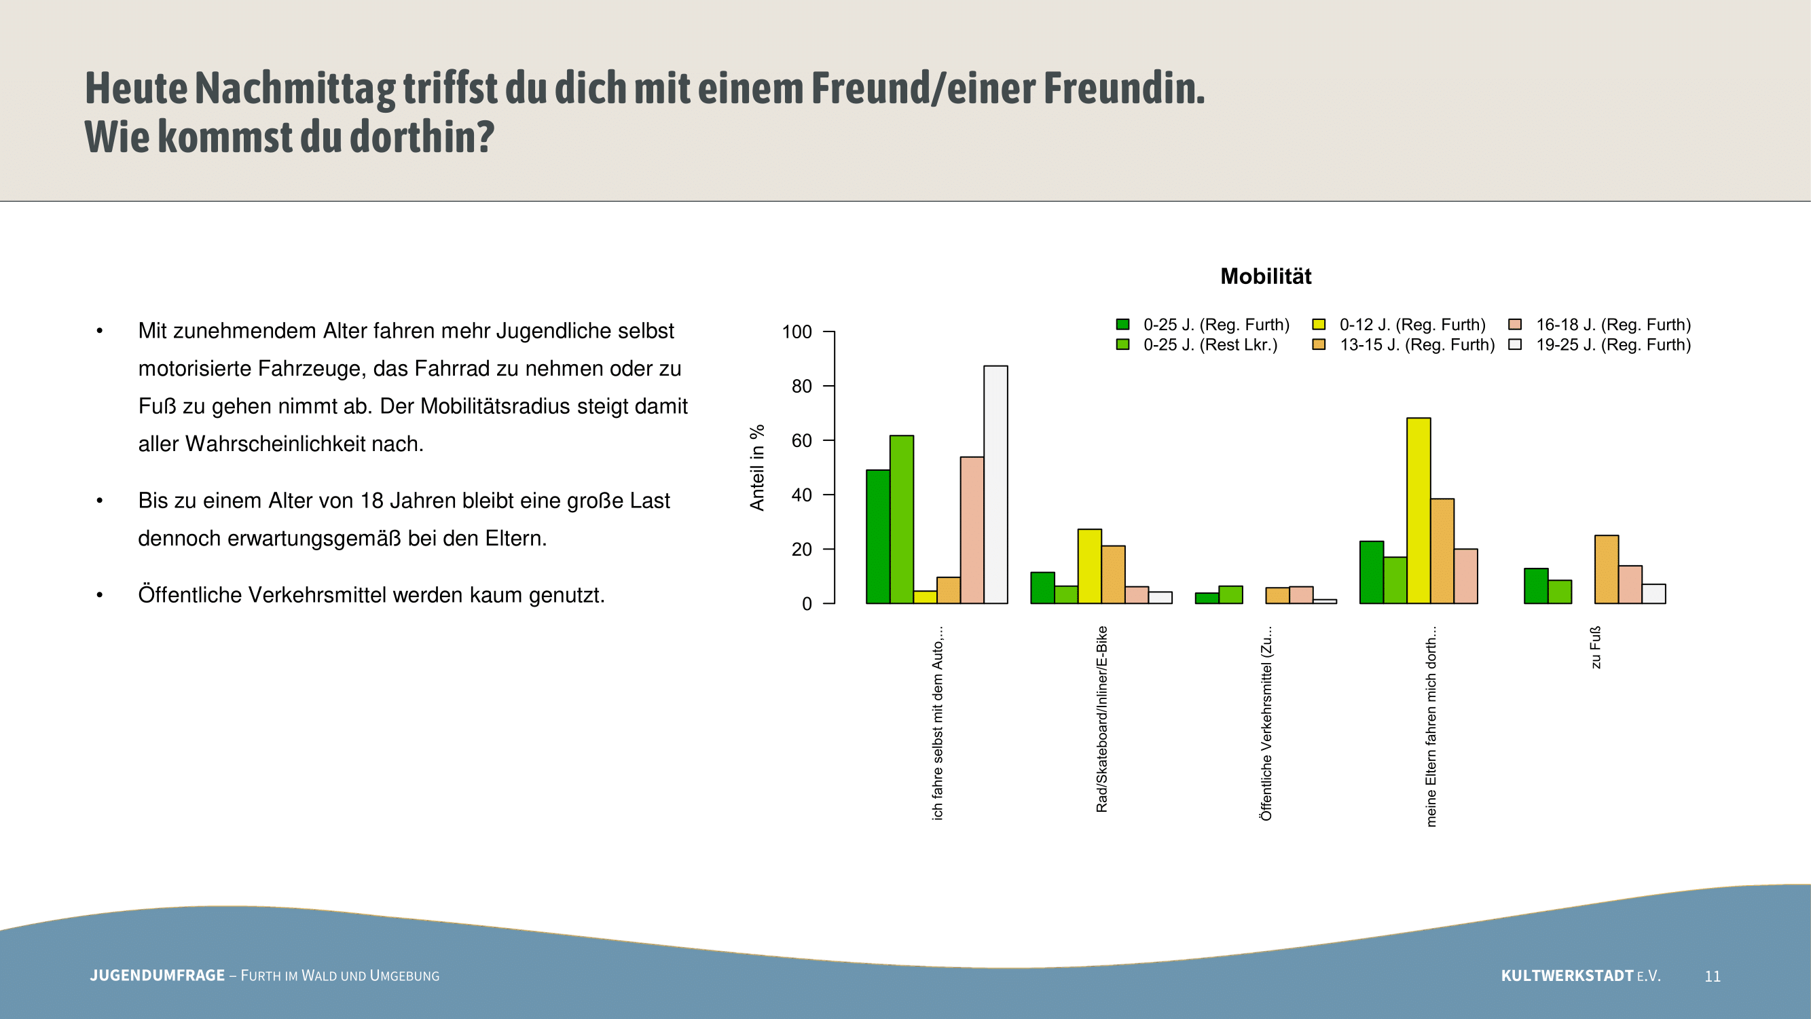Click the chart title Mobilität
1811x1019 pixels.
[1266, 276]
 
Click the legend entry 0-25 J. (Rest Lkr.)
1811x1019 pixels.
[1209, 345]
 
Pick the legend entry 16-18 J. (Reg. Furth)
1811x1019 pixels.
[1613, 325]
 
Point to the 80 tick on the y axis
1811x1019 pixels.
[801, 386]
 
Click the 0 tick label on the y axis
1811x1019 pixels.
[807, 604]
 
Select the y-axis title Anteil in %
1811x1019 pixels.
[757, 467]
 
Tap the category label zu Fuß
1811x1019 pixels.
[1596, 647]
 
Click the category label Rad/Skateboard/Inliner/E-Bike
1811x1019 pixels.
[1101, 719]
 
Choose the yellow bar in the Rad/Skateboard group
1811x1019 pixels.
[1090, 566]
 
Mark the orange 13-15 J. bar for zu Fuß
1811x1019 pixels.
[1607, 570]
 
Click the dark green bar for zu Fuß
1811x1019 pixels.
[1535, 586]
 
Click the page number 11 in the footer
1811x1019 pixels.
[1713, 976]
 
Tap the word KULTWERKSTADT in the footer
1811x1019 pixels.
[1567, 976]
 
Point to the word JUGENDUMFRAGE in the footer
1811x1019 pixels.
[157, 976]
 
